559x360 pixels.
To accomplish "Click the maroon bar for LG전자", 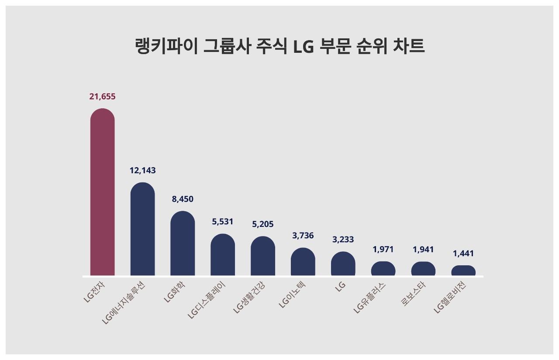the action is point(102,192).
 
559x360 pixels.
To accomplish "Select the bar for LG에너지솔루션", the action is point(142,229).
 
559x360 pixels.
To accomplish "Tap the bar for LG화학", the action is point(183,243).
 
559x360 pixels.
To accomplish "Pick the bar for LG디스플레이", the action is point(223,254).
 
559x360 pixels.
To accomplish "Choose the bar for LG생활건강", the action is point(263,256).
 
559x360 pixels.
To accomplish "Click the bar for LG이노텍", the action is point(303,261).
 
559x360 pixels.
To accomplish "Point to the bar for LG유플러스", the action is point(383,268).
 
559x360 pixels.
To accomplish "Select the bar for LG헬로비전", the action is point(463,271).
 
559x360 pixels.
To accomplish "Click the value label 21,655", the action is point(102,96).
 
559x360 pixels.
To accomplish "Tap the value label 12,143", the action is point(142,171).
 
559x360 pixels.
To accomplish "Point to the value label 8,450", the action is point(183,199).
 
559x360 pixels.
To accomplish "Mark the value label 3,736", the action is point(303,236).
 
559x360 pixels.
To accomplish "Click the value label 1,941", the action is point(423,250).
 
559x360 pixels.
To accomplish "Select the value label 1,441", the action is point(463,254).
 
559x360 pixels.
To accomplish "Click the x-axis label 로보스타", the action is point(413,294).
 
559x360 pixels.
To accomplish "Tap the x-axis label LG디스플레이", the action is point(207,300).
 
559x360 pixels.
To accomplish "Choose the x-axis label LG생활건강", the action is point(249,297).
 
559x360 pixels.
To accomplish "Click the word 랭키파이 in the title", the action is point(167,46).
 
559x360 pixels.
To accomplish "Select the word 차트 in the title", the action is point(409,46).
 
